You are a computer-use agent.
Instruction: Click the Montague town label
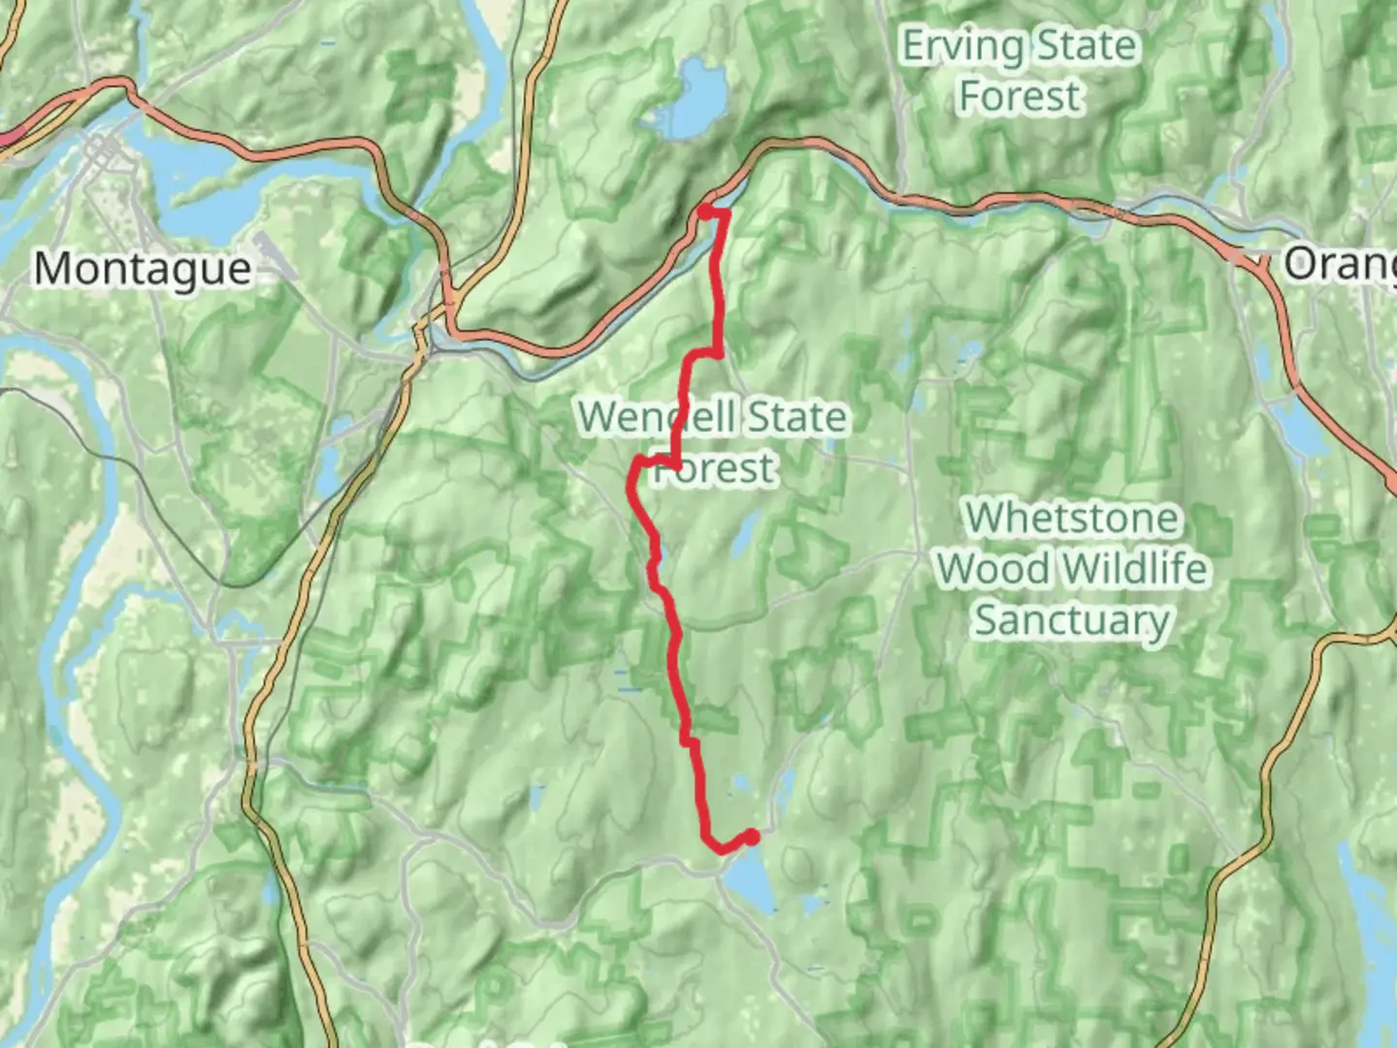(x=143, y=268)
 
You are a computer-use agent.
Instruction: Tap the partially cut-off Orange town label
(x=1340, y=263)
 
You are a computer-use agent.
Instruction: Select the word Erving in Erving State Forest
(x=962, y=47)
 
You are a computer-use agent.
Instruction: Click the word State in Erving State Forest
(x=1085, y=47)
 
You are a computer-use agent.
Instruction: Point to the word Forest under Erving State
(x=1019, y=96)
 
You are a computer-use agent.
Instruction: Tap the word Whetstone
(x=1072, y=518)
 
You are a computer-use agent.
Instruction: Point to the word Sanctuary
(x=1072, y=620)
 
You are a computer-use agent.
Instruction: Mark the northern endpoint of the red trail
(x=705, y=210)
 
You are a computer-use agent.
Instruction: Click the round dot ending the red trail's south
(x=751, y=836)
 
